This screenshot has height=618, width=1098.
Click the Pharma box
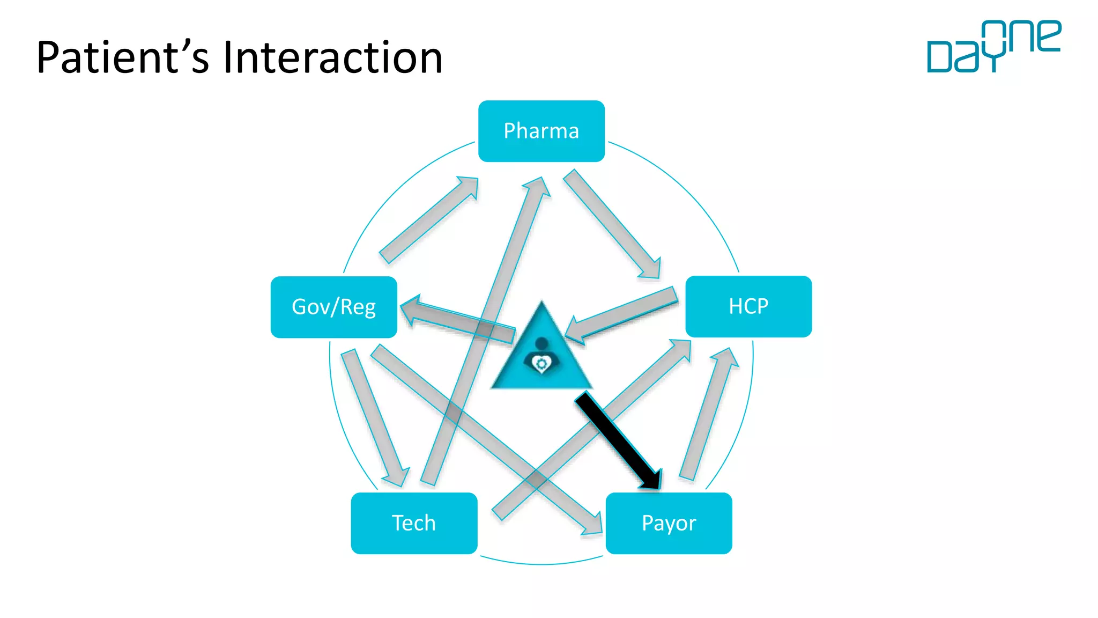(x=541, y=131)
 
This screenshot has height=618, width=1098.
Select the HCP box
(x=748, y=306)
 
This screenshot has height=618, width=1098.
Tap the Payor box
(x=669, y=523)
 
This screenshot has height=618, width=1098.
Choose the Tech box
(x=414, y=523)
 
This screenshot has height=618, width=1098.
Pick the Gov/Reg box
(x=333, y=307)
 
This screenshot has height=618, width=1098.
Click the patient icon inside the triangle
(x=541, y=357)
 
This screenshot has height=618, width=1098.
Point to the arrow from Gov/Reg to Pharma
(x=429, y=220)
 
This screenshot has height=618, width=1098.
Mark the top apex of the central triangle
(x=541, y=304)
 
